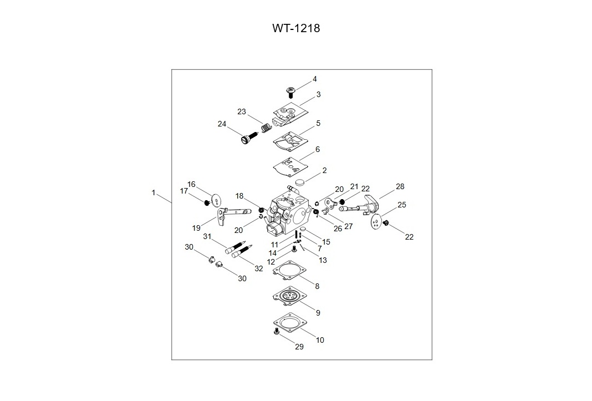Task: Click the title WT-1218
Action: point(295,28)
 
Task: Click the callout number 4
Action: point(315,79)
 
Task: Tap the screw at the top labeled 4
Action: point(289,91)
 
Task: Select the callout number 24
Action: point(222,124)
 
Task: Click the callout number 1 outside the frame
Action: point(154,192)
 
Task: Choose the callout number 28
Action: point(400,186)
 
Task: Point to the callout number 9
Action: point(318,313)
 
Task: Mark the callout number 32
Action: point(259,268)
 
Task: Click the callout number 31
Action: point(207,236)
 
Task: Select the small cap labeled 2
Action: point(300,181)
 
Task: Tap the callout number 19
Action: point(196,228)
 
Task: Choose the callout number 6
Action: point(318,150)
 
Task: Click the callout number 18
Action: point(239,196)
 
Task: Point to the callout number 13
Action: point(323,260)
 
